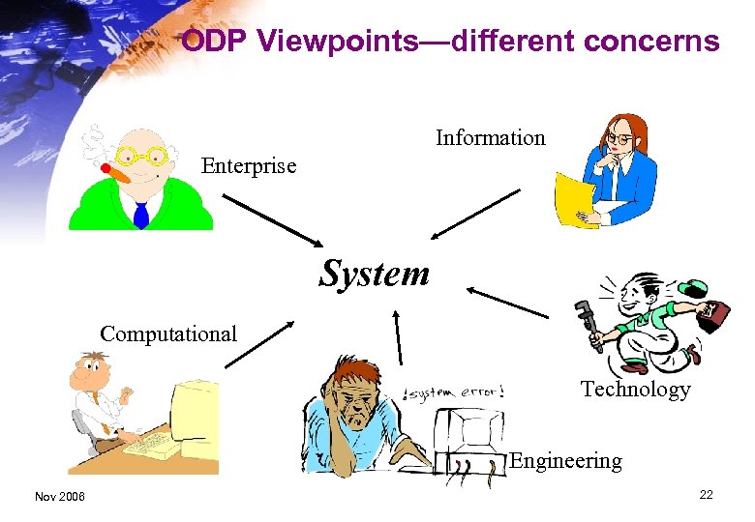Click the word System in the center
[x=375, y=274]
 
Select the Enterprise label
[x=248, y=166]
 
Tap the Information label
[x=490, y=138]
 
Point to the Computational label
[x=168, y=334]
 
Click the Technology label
[x=635, y=390]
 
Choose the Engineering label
[x=565, y=461]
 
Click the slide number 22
[x=706, y=495]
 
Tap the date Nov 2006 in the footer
[x=59, y=496]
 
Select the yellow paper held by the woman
[x=574, y=199]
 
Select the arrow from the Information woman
[x=476, y=214]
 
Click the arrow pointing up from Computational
[x=259, y=344]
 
